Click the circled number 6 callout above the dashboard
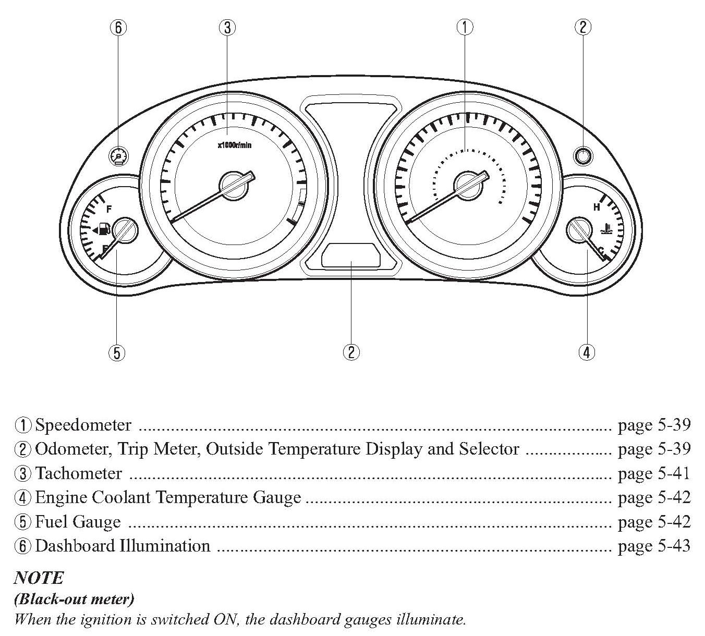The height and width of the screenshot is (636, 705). tap(118, 27)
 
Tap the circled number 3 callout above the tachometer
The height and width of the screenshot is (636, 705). tap(226, 27)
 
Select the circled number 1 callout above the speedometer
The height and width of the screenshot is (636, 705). tap(465, 27)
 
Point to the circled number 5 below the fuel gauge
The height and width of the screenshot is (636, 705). tap(117, 353)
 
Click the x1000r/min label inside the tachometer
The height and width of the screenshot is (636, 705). tap(234, 145)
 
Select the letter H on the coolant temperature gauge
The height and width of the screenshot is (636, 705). tap(597, 207)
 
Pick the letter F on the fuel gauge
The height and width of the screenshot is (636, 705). tap(109, 210)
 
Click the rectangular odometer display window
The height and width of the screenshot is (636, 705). tap(351, 255)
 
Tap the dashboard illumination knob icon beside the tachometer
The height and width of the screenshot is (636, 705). tap(120, 156)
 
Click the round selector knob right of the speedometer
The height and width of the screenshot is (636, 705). tap(582, 155)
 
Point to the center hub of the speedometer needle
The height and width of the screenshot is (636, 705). tap(469, 185)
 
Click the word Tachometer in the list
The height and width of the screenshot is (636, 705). tap(78, 473)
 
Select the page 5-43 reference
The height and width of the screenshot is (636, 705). tap(654, 546)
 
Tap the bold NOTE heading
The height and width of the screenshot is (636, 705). tap(39, 578)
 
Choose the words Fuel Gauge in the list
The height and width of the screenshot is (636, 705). tap(78, 522)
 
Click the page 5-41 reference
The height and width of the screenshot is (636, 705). tap(654, 473)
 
